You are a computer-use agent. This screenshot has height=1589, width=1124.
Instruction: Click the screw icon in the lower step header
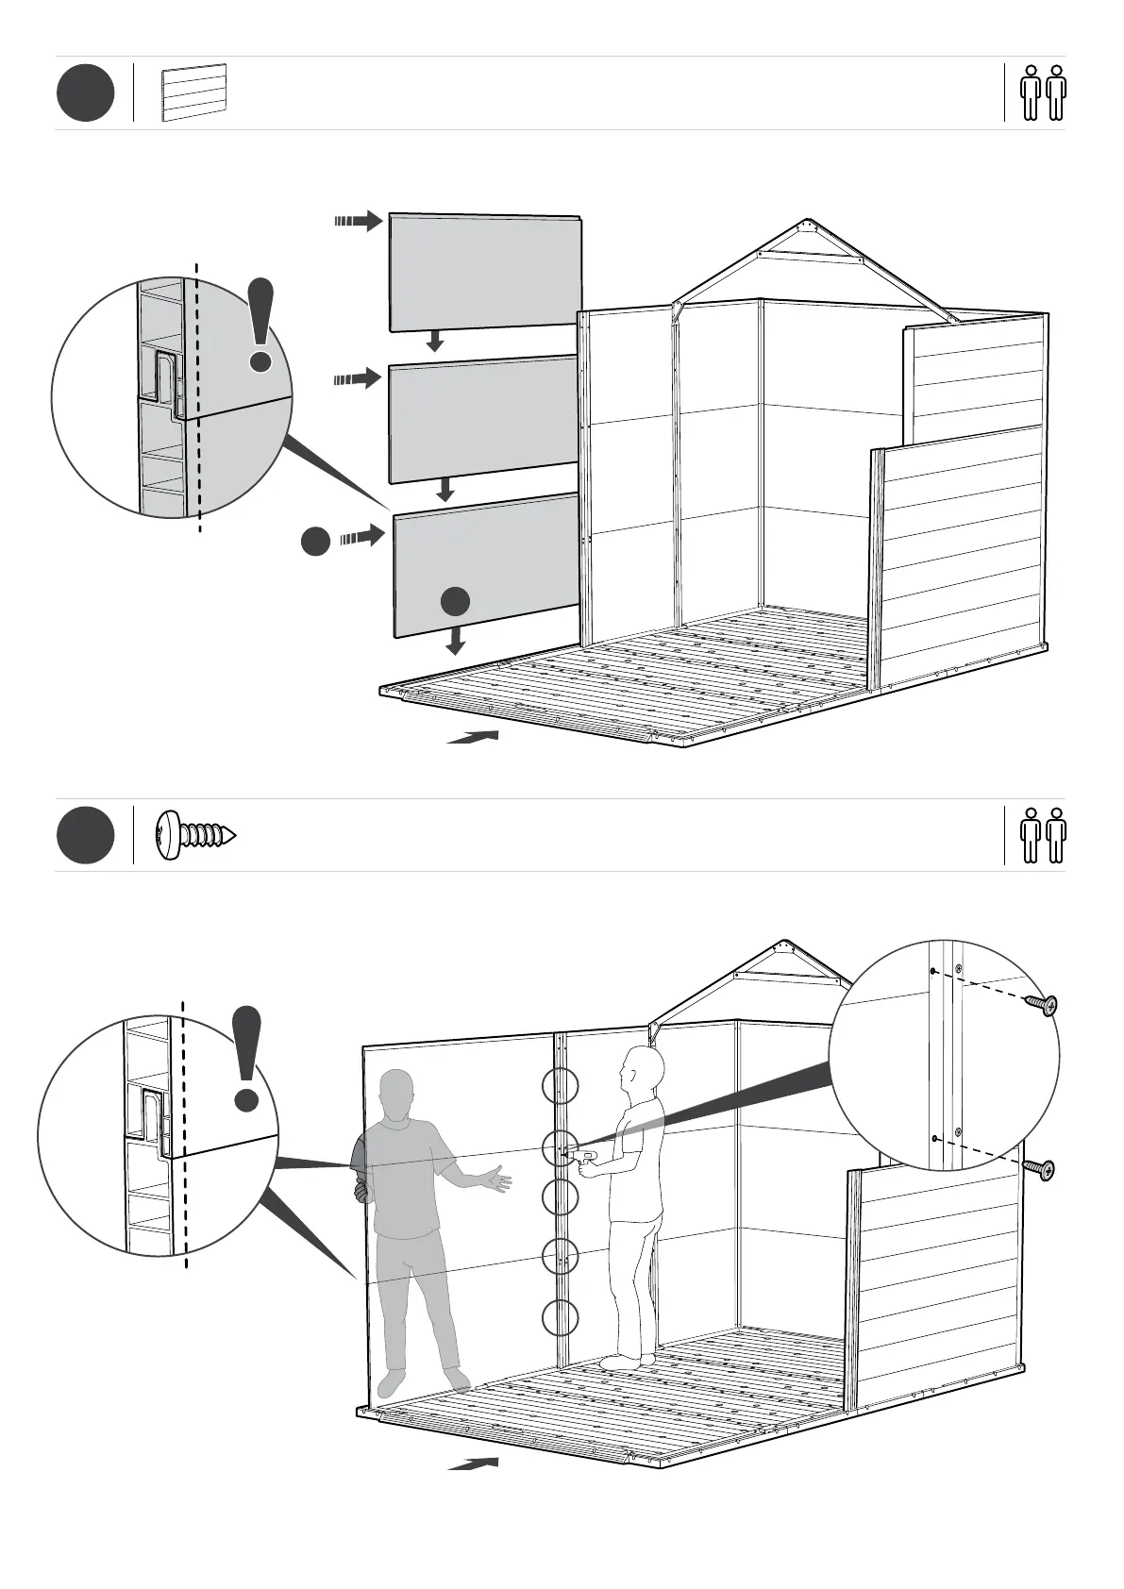point(195,835)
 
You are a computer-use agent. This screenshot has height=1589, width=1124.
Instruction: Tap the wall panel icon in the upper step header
point(193,92)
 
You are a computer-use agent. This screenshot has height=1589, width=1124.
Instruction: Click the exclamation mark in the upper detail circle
point(260,324)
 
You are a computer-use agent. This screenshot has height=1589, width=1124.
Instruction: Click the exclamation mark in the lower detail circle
point(247,1057)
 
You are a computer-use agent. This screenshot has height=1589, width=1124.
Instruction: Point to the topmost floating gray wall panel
point(485,272)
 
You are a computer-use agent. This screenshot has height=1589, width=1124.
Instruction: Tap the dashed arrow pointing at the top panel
point(358,222)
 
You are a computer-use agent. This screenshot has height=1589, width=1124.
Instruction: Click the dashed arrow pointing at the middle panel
point(358,379)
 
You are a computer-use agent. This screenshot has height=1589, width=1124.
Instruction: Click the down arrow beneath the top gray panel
point(435,340)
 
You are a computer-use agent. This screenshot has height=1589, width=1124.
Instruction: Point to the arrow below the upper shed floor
point(473,737)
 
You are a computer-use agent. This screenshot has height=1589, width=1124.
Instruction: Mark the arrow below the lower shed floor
point(473,1464)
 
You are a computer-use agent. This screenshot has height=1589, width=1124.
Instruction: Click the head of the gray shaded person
point(396,1093)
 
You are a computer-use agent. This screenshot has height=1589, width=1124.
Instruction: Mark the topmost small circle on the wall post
point(561,1086)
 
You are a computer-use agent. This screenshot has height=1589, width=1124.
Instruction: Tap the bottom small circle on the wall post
point(561,1317)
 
